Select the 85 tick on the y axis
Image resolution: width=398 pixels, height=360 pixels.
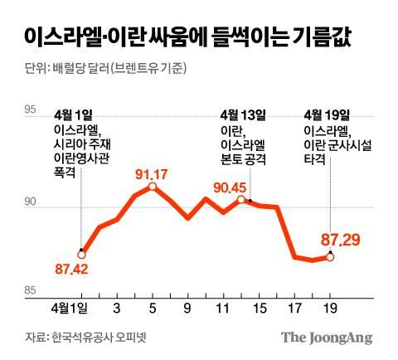point(31,289)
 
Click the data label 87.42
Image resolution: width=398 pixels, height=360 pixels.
point(71,269)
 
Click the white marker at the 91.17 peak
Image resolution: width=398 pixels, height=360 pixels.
point(153,187)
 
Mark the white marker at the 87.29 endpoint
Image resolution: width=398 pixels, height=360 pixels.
point(330,257)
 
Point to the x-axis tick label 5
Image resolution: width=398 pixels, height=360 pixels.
point(153,309)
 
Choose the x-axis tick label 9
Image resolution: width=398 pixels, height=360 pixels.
point(187,309)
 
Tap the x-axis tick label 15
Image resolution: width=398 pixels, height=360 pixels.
point(259,309)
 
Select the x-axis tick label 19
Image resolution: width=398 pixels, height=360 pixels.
point(329,309)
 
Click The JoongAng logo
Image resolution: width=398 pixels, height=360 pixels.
point(326,338)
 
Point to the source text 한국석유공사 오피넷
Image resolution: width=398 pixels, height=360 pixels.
point(102,338)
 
